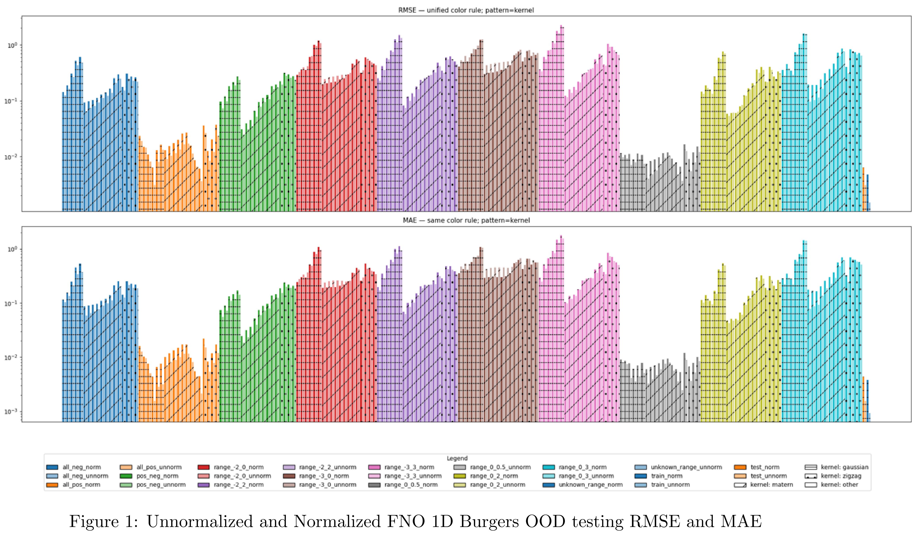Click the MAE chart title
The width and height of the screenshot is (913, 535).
tap(466, 220)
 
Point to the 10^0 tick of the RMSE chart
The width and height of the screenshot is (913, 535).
tap(13, 46)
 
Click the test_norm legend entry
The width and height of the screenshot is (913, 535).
tap(764, 467)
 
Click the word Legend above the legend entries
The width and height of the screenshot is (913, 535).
tap(457, 458)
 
